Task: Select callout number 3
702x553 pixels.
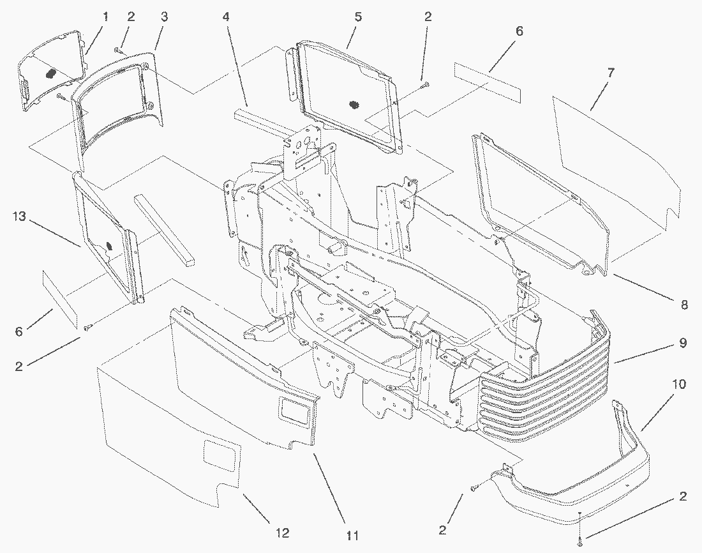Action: [x=164, y=17]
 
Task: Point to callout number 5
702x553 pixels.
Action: [x=358, y=17]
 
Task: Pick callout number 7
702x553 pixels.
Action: [x=611, y=73]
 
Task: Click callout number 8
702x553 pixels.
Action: [x=684, y=305]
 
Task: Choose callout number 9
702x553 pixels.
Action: [x=682, y=343]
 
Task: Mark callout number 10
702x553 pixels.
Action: [x=678, y=384]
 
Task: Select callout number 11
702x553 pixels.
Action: [x=352, y=534]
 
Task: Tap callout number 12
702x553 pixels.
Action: [x=281, y=533]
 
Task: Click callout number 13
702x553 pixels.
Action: [x=19, y=217]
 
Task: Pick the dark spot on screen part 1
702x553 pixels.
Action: [x=49, y=73]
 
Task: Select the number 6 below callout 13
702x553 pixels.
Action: [x=19, y=332]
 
